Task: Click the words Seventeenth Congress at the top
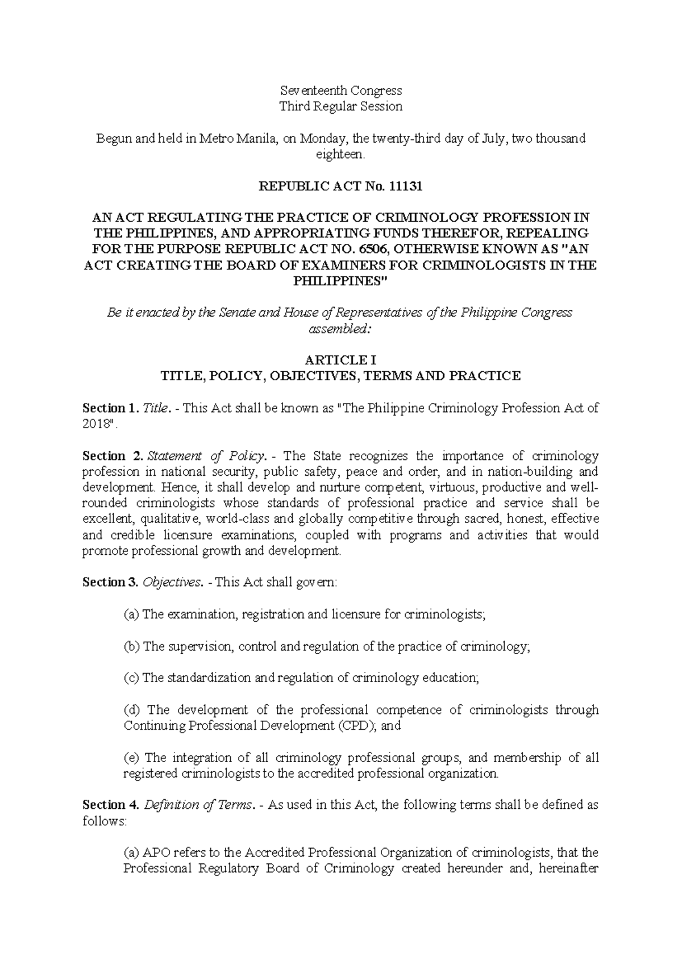pos(341,90)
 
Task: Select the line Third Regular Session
pos(341,106)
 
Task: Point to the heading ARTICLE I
pos(341,360)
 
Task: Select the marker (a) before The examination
pos(131,614)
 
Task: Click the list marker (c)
pos(131,678)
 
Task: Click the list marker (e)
pos(131,758)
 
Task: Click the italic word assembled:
pos(341,329)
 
